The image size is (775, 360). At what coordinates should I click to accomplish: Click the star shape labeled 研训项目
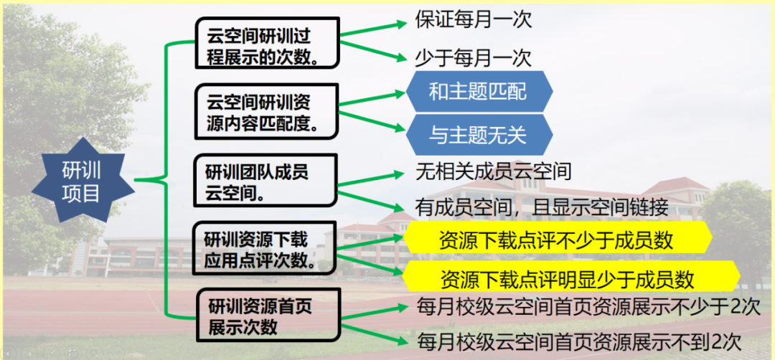click(x=83, y=180)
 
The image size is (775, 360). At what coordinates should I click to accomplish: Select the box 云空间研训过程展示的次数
click(x=267, y=42)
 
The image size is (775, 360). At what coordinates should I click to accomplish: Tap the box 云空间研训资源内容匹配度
click(x=267, y=110)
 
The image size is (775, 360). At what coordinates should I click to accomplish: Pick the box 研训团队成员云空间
click(x=266, y=179)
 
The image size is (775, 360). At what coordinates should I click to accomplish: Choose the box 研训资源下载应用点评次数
click(x=266, y=247)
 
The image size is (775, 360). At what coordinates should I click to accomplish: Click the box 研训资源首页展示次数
click(x=268, y=316)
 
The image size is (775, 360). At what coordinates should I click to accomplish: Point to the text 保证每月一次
click(x=474, y=21)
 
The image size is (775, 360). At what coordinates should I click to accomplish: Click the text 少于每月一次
click(x=474, y=58)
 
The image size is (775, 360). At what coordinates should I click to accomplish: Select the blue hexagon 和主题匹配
click(x=479, y=91)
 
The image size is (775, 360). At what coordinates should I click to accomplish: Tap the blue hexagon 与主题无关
click(x=479, y=135)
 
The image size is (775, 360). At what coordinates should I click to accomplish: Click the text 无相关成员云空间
click(x=494, y=171)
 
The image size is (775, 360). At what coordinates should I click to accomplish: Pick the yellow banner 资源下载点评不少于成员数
click(x=558, y=240)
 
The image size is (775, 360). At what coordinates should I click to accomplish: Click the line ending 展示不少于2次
click(x=588, y=307)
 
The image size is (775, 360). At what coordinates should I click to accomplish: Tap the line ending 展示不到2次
click(x=579, y=341)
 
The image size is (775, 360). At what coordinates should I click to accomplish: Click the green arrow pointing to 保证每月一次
click(x=372, y=29)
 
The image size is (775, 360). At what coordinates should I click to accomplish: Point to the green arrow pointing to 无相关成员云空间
click(x=372, y=180)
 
